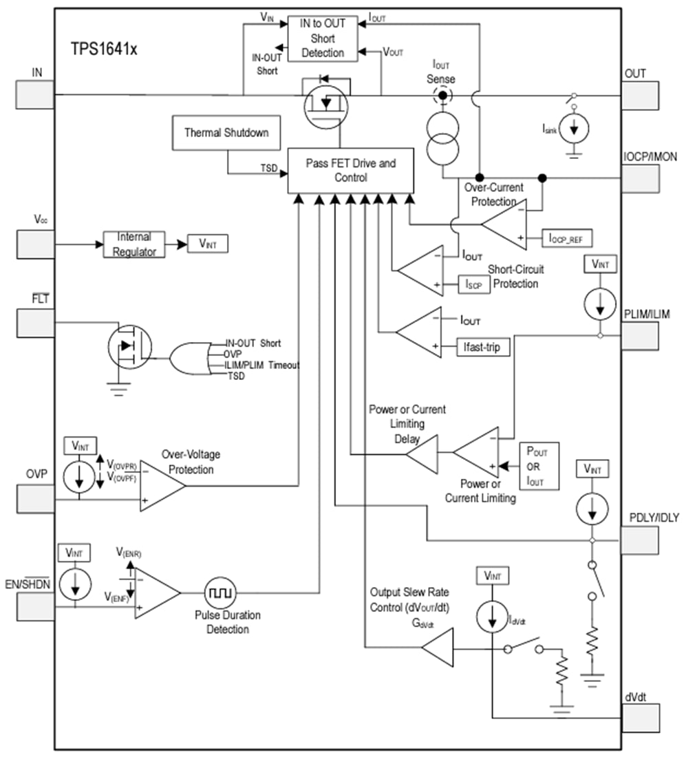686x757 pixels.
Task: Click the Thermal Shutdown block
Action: point(226,133)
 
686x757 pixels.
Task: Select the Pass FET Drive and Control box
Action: point(350,170)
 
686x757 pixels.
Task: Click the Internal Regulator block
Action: point(134,244)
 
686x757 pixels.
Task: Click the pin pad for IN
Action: point(34,94)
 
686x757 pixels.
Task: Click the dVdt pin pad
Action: point(641,718)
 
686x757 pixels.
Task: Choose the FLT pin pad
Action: point(34,323)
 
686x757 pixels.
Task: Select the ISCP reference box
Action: point(474,284)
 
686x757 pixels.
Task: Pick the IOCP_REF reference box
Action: point(566,238)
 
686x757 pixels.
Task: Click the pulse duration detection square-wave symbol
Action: point(221,593)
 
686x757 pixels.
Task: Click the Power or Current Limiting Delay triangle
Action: point(425,454)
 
